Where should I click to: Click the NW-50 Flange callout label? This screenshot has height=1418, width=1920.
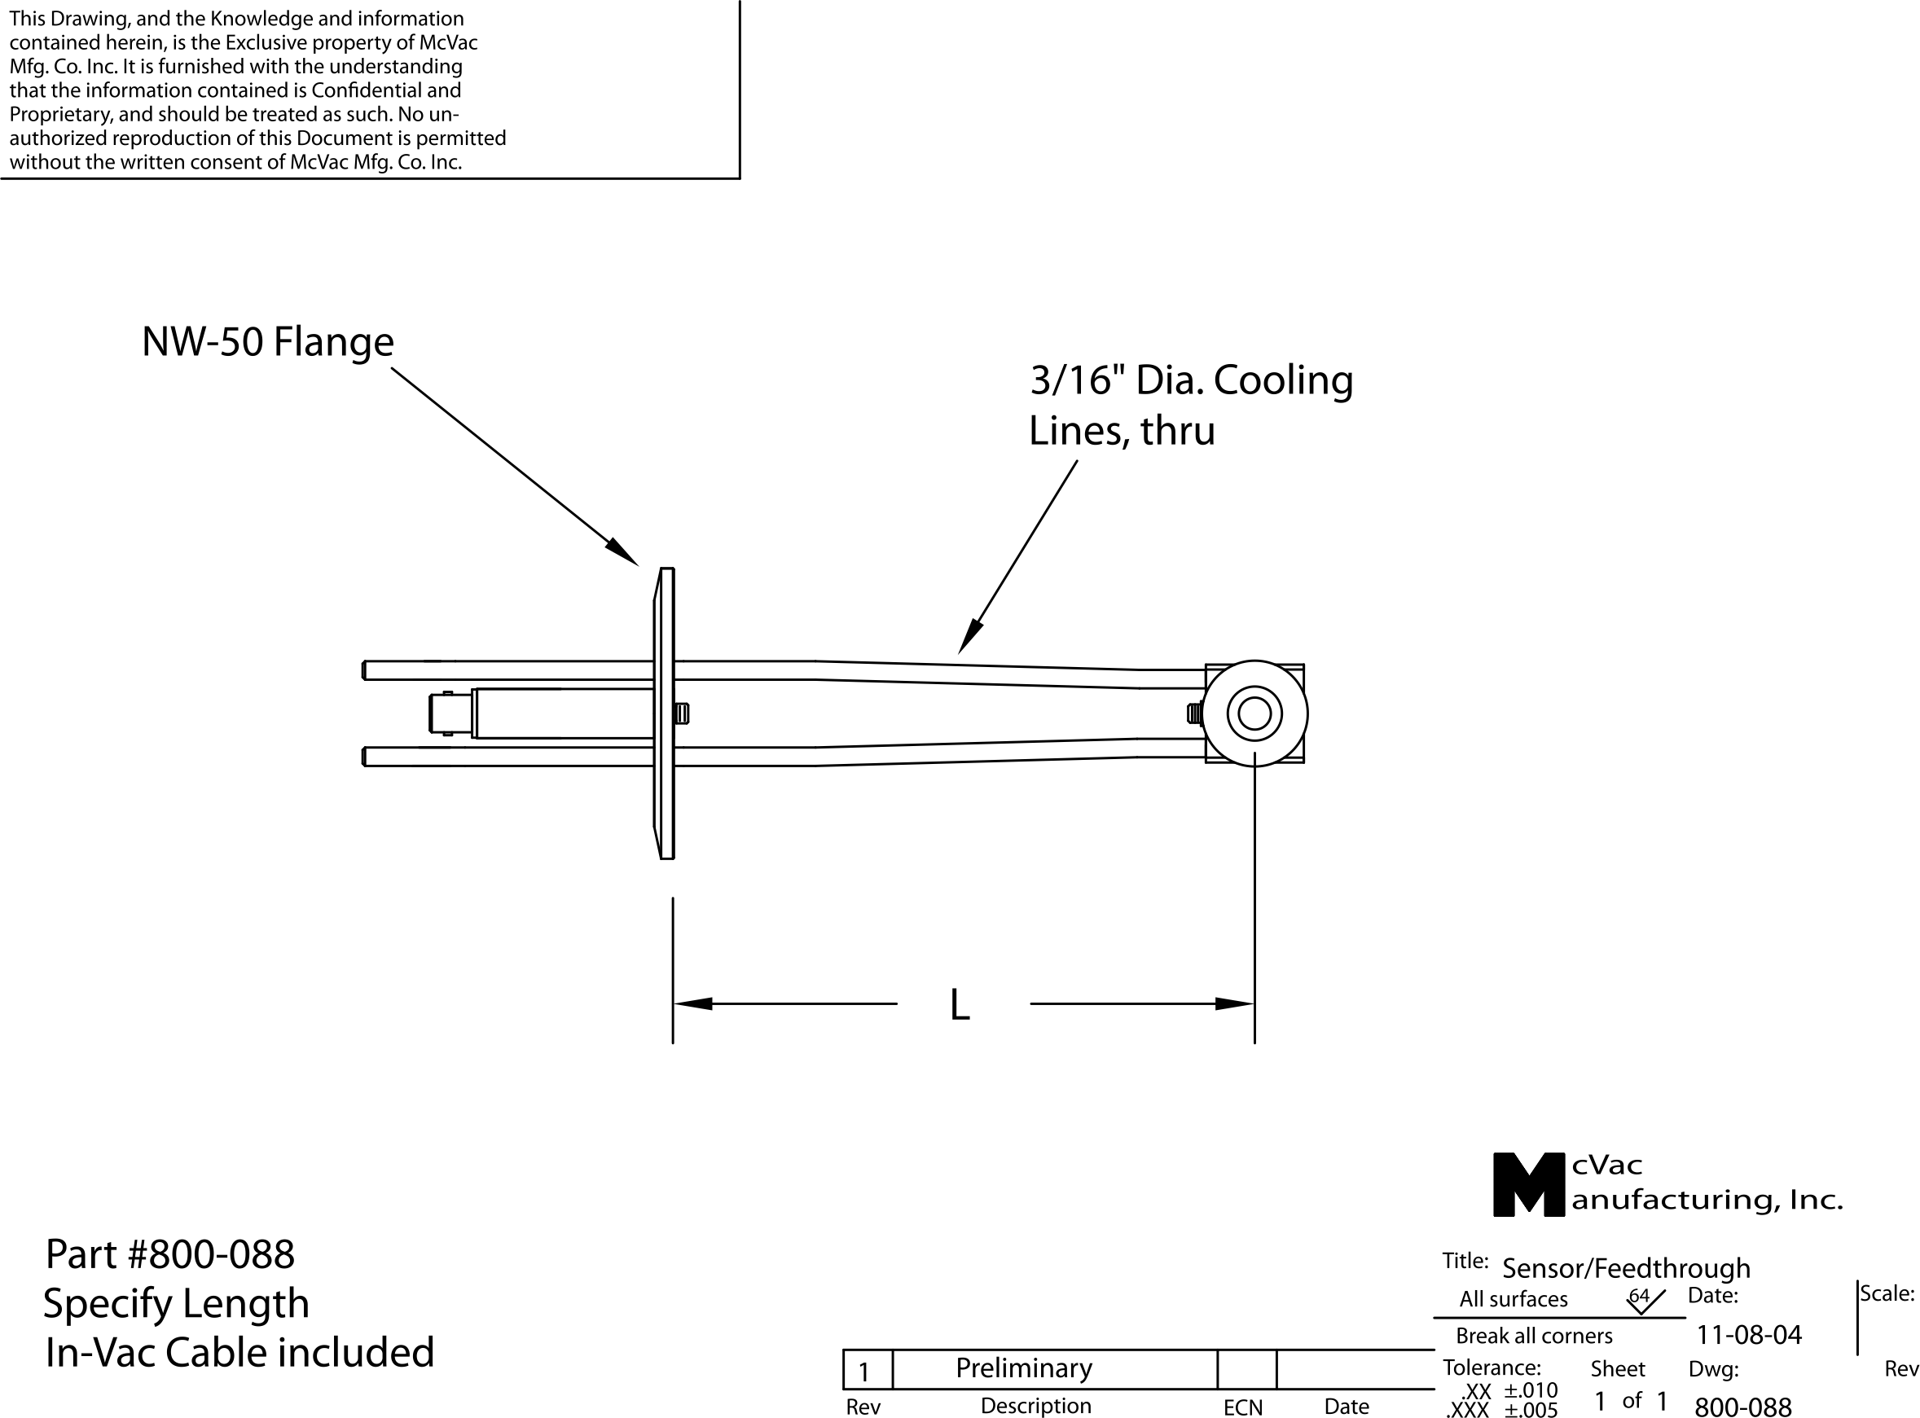tap(267, 341)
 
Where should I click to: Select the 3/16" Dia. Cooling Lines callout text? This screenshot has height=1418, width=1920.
tap(1190, 405)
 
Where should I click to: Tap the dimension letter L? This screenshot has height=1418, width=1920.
tap(960, 1005)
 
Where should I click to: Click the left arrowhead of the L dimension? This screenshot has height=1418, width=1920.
tap(692, 1003)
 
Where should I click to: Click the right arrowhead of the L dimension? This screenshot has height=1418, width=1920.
tap(1234, 1003)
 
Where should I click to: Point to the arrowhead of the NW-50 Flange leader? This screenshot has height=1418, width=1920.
tap(623, 553)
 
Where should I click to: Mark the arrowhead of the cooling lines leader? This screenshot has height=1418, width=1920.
tap(970, 637)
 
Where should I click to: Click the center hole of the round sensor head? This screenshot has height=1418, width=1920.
tap(1254, 714)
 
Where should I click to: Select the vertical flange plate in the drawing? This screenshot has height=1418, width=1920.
tap(666, 713)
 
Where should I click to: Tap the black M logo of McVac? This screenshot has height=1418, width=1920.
tap(1527, 1185)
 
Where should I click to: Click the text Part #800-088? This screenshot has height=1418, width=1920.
tap(170, 1255)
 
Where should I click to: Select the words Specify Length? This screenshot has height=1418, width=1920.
tap(176, 1304)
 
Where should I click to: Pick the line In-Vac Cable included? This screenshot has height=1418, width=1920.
tap(239, 1353)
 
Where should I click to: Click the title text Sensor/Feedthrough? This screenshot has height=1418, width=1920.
tap(1626, 1268)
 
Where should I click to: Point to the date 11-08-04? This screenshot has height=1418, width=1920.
tap(1748, 1335)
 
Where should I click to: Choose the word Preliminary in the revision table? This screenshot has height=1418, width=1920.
tap(1023, 1368)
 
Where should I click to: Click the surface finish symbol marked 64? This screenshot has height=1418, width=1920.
tap(1644, 1300)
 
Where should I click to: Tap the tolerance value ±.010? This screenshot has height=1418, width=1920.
tap(1531, 1390)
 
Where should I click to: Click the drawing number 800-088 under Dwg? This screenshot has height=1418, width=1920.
tap(1742, 1406)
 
